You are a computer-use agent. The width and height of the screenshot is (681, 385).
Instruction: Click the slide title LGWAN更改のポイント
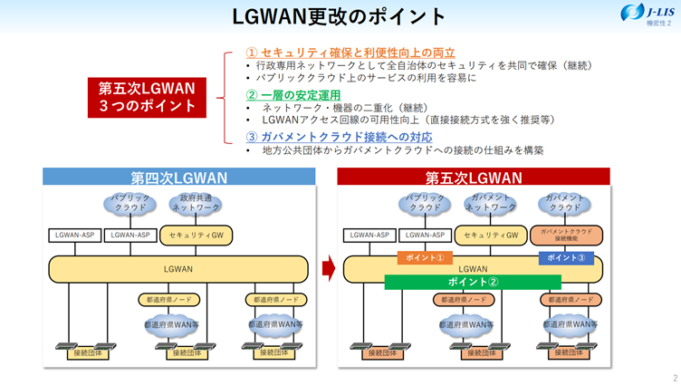pyautogui.click(x=340, y=16)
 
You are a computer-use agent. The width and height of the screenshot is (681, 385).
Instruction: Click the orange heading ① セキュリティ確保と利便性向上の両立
pyautogui.click(x=350, y=53)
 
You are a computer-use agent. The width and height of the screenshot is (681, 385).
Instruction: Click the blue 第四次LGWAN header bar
pyautogui.click(x=178, y=178)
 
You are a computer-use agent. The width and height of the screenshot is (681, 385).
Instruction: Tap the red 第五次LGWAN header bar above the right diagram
pyautogui.click(x=473, y=178)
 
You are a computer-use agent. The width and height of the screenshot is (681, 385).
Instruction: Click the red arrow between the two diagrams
pyautogui.click(x=330, y=268)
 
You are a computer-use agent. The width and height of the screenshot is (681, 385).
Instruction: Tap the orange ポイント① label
pyautogui.click(x=424, y=257)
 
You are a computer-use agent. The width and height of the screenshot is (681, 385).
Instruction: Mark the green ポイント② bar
pyautogui.click(x=474, y=281)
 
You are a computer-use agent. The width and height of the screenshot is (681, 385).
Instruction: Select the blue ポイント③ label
pyautogui.click(x=565, y=257)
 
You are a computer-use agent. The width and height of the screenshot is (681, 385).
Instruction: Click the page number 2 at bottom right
pyautogui.click(x=674, y=377)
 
